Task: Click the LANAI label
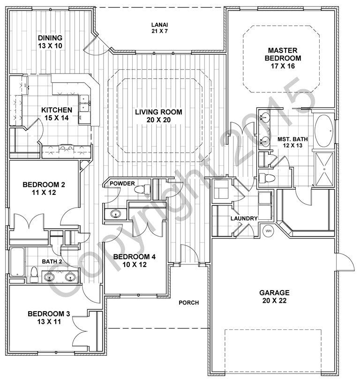click(159, 28)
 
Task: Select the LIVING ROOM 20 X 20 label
click(158, 116)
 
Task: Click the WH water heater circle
click(269, 231)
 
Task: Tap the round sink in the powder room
click(115, 214)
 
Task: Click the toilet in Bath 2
click(34, 275)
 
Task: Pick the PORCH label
click(189, 303)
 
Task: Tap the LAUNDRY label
click(243, 219)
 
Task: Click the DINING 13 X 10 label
click(50, 42)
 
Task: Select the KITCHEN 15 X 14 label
click(57, 114)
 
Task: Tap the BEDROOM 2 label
click(44, 188)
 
